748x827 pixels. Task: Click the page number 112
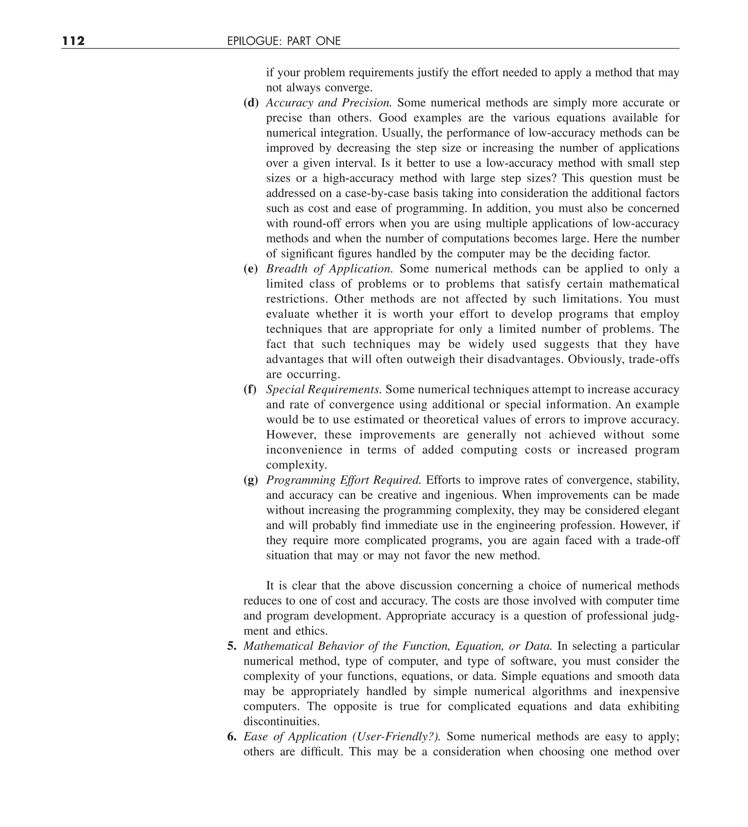coord(74,41)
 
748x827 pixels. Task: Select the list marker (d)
coord(251,103)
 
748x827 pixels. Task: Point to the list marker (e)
coord(251,269)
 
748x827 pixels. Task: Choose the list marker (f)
coord(250,389)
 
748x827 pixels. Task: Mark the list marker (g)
coord(251,480)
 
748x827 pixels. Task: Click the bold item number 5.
coord(232,646)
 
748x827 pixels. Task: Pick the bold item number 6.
coord(232,737)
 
